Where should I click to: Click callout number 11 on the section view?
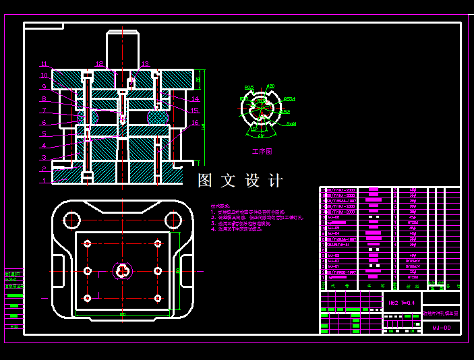point(44,64)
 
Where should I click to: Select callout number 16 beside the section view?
point(195,123)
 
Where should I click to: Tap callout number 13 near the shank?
point(145,64)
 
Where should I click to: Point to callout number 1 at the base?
point(44,181)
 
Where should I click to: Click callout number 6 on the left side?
point(44,123)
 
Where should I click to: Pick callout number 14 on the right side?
point(195,99)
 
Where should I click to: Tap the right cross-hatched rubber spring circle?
point(158,117)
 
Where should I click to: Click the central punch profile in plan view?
point(122,271)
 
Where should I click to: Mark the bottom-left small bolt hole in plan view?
point(87,298)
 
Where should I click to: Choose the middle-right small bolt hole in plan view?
point(157,271)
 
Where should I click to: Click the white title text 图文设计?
point(240,181)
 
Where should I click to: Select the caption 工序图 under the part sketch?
point(262,152)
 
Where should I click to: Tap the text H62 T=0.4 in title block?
point(402,303)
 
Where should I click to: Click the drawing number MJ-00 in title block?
point(441,328)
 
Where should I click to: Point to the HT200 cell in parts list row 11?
point(413,221)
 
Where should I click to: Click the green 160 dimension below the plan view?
point(122,314)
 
